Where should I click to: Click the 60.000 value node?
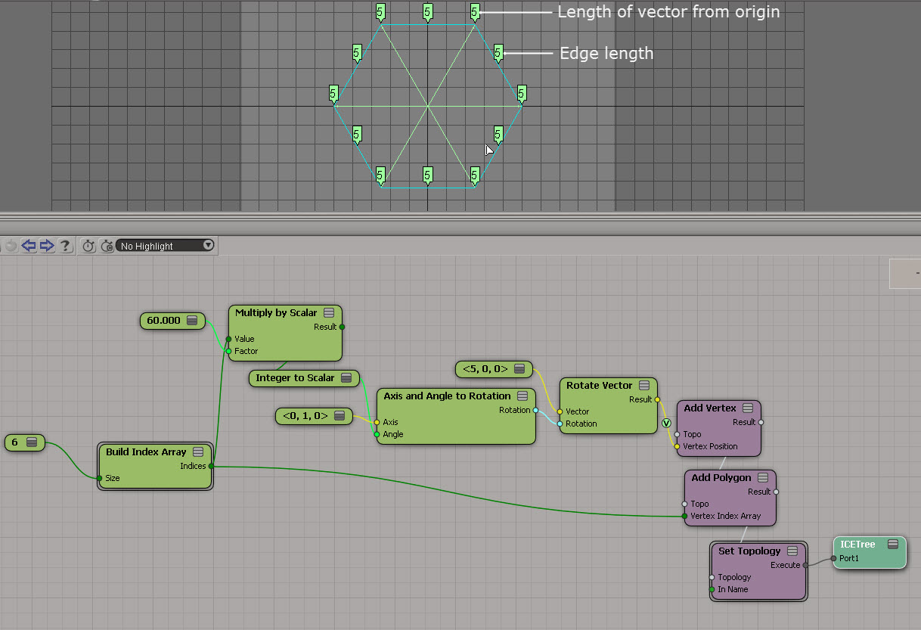pos(164,321)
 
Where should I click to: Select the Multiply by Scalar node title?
pos(276,313)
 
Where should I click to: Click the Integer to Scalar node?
pos(295,378)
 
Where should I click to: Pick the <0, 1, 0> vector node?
pos(305,416)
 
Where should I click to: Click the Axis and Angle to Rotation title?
pos(447,396)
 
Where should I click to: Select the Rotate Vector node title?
pos(599,386)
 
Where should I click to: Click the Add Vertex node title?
pos(709,408)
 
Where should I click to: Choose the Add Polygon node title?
pos(721,478)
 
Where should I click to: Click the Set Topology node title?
pos(749,551)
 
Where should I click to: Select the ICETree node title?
pos(857,545)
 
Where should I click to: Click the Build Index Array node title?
pos(146,452)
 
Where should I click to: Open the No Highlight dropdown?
pos(166,246)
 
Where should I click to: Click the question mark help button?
pos(66,246)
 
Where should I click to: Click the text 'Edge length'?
pos(606,54)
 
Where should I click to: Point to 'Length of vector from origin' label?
pos(668,12)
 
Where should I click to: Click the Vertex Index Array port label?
pos(725,517)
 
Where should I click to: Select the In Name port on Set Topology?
pos(733,590)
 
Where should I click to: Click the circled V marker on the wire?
pos(666,423)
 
